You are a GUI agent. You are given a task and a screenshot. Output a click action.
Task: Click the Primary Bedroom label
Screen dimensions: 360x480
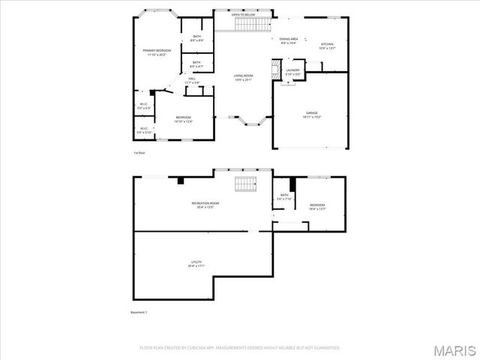click(x=157, y=51)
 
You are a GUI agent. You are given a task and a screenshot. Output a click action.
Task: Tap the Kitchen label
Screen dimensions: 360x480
click(x=327, y=45)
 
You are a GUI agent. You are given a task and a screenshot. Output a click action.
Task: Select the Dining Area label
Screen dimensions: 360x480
click(x=289, y=39)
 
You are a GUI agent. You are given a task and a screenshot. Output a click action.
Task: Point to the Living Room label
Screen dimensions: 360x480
click(x=242, y=76)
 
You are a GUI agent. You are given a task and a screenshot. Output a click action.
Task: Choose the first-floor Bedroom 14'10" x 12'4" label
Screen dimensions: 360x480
click(x=184, y=118)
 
